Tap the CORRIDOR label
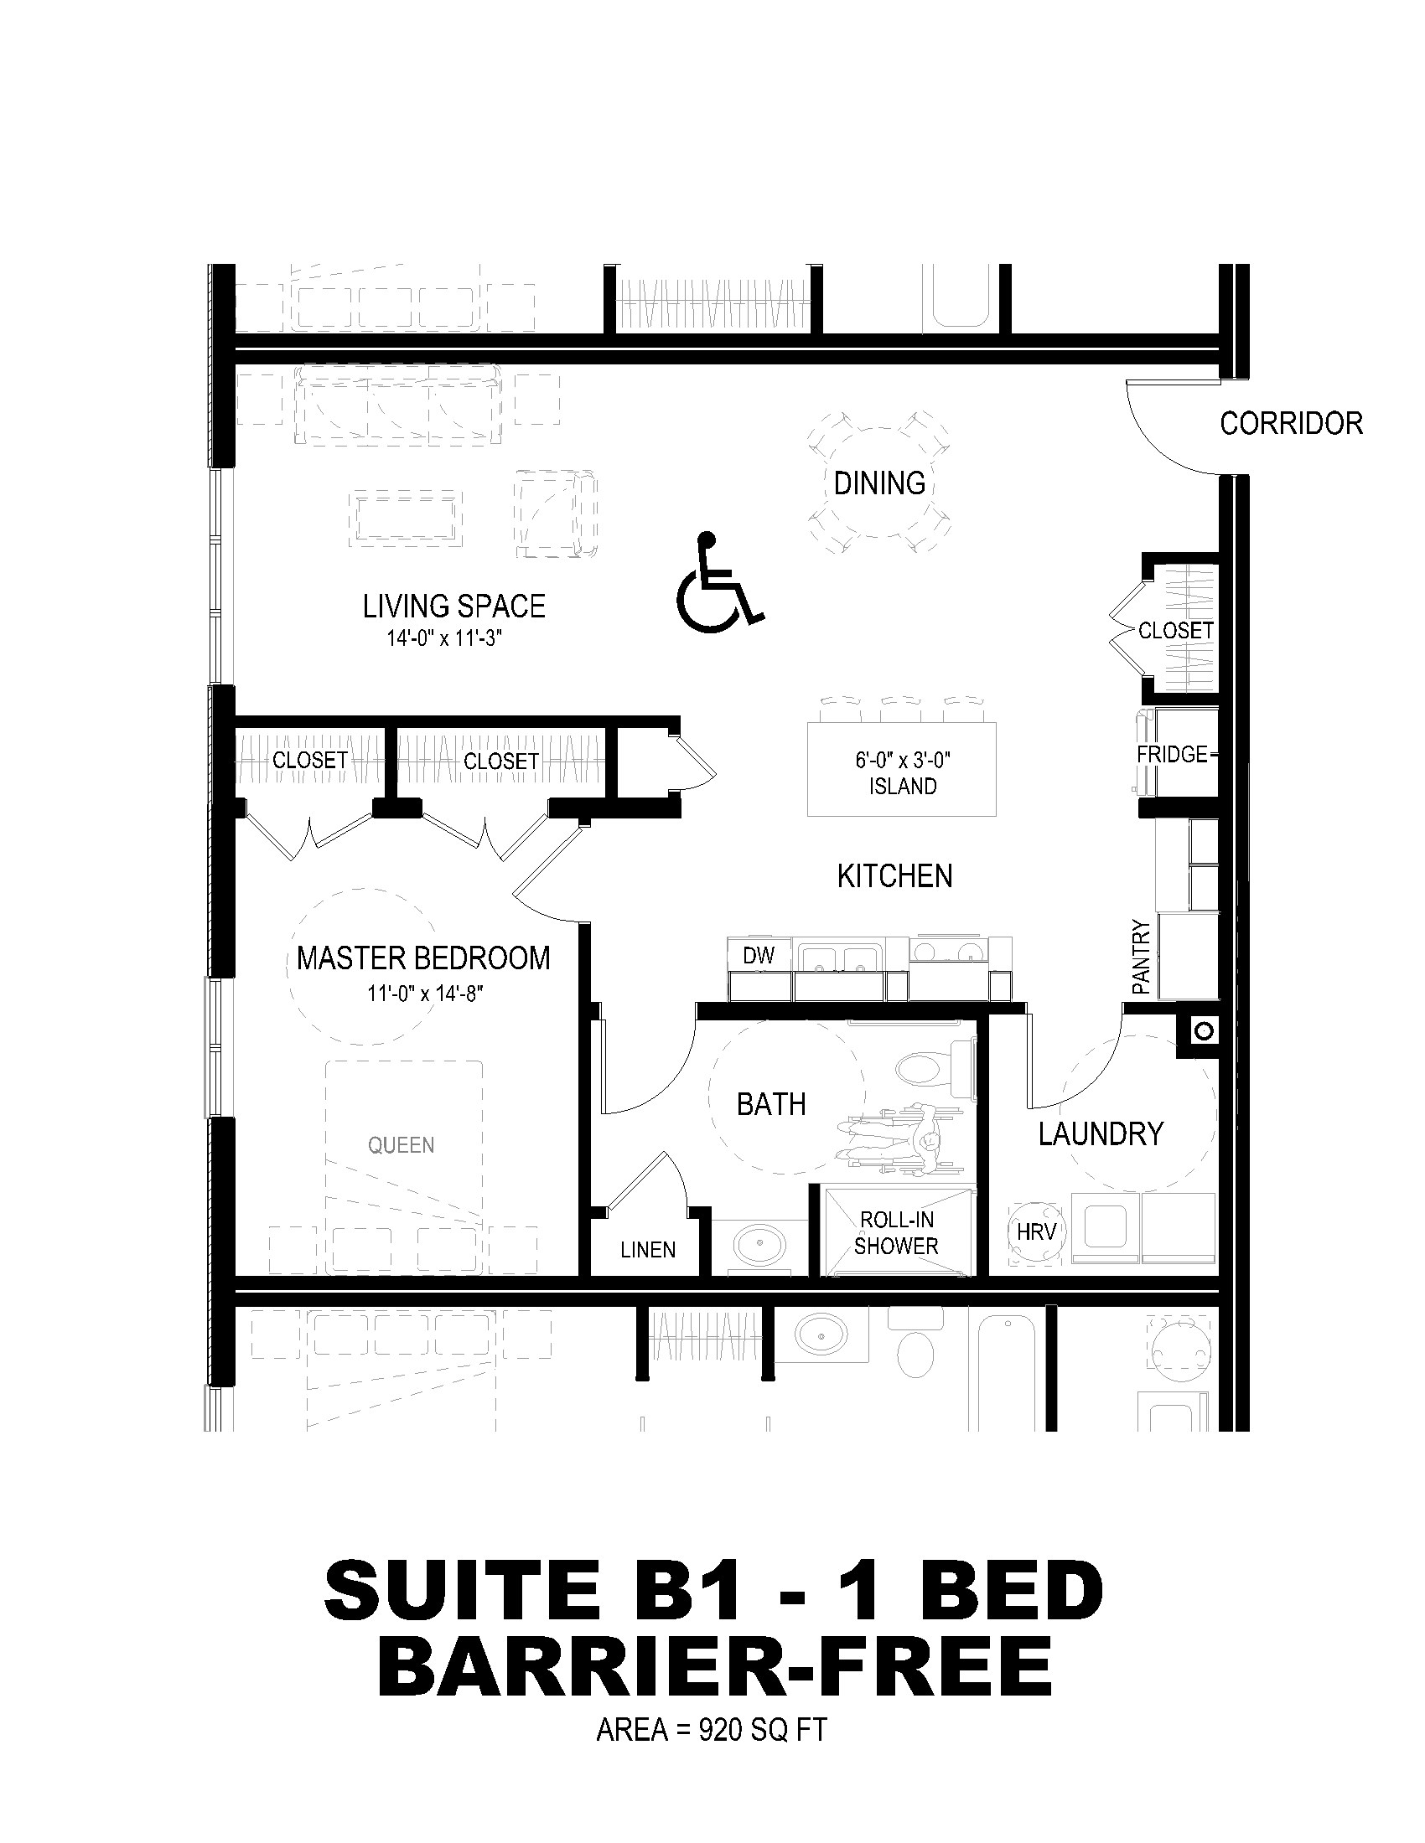[x=1291, y=423]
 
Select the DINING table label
[x=879, y=483]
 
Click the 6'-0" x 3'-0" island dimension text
[x=903, y=761]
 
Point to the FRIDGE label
[x=1172, y=754]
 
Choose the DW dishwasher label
[x=759, y=955]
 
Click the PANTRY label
[x=1142, y=956]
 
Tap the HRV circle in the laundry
[x=1036, y=1232]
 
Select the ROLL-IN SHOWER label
[x=896, y=1233]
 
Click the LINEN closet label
[x=647, y=1250]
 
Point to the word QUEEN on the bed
[x=401, y=1145]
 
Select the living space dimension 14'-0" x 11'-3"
[x=445, y=638]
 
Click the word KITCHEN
[x=895, y=876]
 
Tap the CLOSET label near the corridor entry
[x=1175, y=630]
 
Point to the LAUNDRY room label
[x=1101, y=1133]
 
